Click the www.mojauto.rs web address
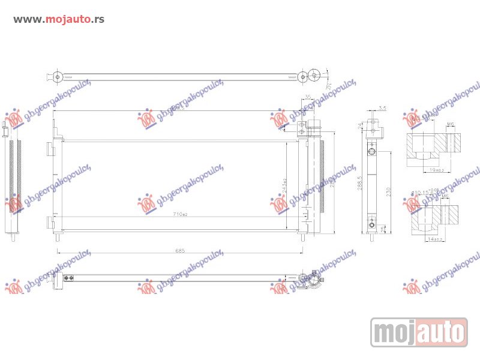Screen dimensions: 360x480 tap(59, 19)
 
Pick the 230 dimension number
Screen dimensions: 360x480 tap(388, 191)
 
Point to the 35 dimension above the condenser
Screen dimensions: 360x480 tap(307, 97)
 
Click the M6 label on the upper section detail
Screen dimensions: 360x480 tap(450, 125)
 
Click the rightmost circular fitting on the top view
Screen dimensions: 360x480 tap(314, 76)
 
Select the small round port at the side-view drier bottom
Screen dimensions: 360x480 tap(372, 227)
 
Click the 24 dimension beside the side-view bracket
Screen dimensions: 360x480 tap(361, 126)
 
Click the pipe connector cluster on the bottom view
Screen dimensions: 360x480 tap(308, 280)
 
